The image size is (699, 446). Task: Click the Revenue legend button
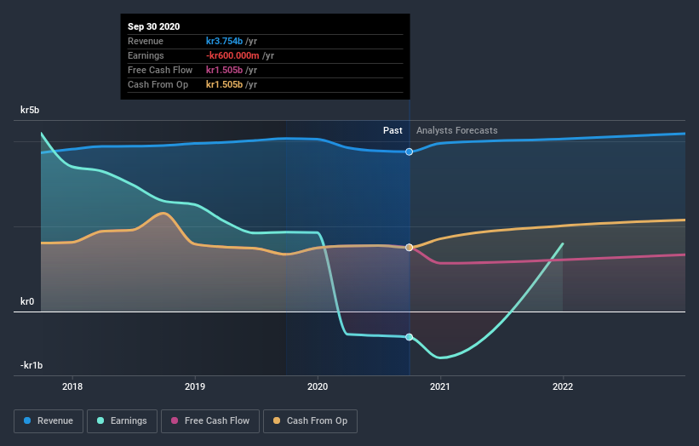tap(49, 420)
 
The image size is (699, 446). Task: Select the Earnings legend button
tap(122, 420)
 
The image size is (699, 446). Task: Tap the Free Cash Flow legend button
tap(211, 420)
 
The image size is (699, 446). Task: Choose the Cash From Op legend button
tap(311, 420)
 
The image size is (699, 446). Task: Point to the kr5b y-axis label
tap(31, 110)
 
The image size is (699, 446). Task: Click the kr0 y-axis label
tap(27, 301)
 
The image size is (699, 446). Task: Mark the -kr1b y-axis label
tap(31, 365)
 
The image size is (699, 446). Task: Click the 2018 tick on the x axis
tap(73, 386)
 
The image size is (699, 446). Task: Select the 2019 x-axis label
tap(196, 386)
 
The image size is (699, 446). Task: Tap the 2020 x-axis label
tap(318, 386)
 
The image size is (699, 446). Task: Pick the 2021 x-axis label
tap(440, 386)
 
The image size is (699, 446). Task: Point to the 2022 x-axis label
tap(563, 386)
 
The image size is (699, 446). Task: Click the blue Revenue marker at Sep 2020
tap(410, 152)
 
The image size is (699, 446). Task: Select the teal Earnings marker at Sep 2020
tap(410, 337)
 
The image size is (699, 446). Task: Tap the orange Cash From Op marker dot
tap(410, 248)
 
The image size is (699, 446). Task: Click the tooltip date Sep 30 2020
tap(154, 27)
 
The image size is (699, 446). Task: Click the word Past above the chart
tap(392, 130)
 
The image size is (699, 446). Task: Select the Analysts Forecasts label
tap(457, 130)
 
